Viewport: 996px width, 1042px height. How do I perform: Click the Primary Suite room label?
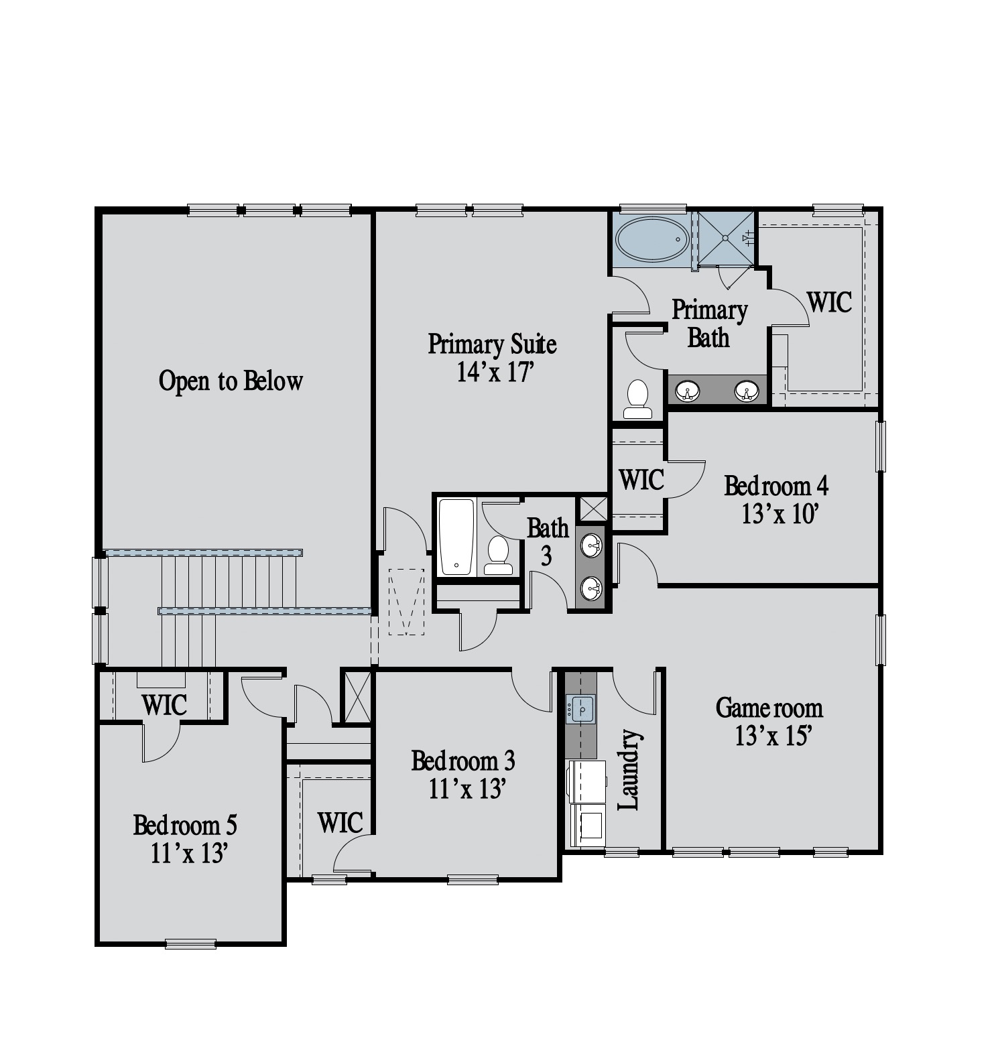[492, 344]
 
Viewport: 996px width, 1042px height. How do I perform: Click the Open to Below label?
[231, 381]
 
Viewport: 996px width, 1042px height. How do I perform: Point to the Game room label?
[769, 708]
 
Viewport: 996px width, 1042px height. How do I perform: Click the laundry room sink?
[580, 708]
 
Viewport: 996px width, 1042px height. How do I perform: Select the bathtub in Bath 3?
[457, 537]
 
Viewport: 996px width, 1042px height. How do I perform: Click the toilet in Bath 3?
[498, 556]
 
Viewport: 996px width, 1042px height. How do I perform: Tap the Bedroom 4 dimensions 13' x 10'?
[781, 514]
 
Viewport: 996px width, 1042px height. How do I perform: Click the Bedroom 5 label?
[185, 825]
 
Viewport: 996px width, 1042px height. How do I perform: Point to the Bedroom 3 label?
[462, 761]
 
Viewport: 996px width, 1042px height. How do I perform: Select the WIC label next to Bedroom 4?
[641, 480]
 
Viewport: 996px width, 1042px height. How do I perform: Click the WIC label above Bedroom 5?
[164, 705]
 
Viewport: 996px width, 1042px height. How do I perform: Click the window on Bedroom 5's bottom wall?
[191, 944]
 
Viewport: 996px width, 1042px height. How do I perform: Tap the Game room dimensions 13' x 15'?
[774, 736]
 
